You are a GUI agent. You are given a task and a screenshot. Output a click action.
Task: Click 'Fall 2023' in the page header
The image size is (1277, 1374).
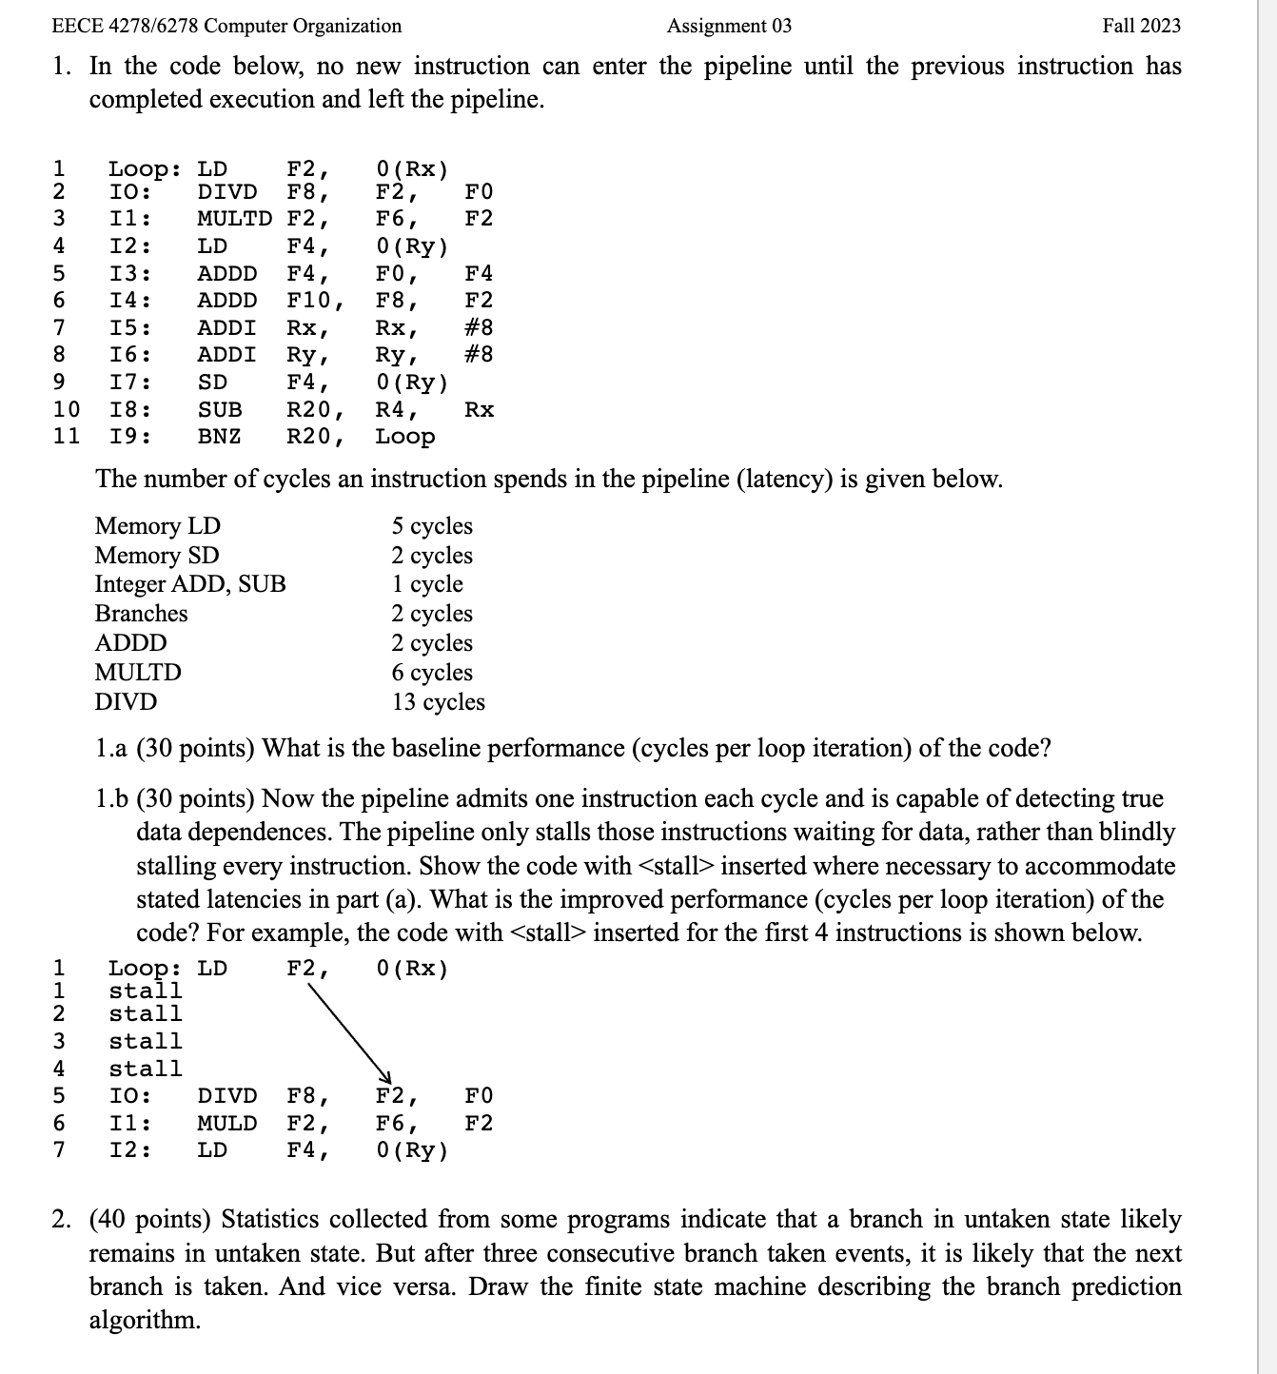tap(1141, 26)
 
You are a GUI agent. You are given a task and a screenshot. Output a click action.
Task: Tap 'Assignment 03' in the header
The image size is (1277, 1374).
tap(729, 26)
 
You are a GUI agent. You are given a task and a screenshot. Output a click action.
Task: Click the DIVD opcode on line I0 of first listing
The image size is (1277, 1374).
tap(226, 192)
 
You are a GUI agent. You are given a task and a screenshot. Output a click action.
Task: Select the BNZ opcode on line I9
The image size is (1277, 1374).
tap(219, 437)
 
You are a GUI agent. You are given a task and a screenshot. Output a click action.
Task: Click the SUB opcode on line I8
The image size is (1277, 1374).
tap(219, 410)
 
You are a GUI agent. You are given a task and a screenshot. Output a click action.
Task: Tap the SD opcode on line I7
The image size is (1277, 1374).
tap(212, 383)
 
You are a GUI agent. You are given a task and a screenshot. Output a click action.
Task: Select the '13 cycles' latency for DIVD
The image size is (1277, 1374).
tap(438, 702)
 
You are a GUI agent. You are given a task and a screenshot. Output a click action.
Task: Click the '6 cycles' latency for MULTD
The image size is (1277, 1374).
tap(431, 673)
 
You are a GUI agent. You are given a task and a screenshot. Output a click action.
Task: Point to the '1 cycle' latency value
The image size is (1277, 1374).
tap(427, 584)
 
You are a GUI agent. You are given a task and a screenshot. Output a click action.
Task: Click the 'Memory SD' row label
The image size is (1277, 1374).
tap(157, 556)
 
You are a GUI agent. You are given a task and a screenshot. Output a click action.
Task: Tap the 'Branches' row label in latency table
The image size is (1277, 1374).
tap(141, 614)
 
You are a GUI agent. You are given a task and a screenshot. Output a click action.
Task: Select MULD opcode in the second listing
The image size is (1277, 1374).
tap(226, 1123)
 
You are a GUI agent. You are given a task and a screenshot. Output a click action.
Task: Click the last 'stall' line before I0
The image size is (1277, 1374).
tap(145, 1069)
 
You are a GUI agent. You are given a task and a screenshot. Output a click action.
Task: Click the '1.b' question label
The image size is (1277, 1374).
tap(111, 798)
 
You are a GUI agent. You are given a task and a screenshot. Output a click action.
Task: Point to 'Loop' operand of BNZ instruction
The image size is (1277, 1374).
tap(404, 437)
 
